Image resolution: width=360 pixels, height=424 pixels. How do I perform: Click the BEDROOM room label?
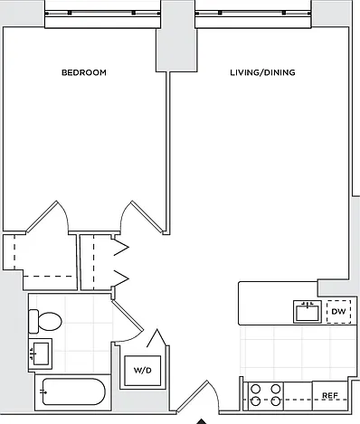point(84,72)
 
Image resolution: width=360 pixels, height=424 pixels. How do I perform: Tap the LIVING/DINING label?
point(262,72)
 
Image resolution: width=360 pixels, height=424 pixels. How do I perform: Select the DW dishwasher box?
point(339,312)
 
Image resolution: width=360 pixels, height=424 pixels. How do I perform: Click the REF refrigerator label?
point(330,395)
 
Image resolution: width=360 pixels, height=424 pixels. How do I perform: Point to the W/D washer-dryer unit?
point(143,371)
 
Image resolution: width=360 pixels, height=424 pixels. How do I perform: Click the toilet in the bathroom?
point(45,321)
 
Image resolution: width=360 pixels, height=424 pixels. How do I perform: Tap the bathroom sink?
point(41,353)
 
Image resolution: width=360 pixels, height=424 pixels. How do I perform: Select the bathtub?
point(73,391)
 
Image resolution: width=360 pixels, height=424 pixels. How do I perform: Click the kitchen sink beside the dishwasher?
point(308,312)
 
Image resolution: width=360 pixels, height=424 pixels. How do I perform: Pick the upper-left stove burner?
point(256,389)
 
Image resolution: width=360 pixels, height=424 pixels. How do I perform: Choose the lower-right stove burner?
point(276,401)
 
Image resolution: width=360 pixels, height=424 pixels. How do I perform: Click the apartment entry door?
point(193,396)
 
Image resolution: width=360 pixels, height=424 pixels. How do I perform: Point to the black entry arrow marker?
point(202,421)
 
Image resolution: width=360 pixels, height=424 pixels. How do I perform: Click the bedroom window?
point(102,14)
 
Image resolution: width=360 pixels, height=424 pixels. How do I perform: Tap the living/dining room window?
point(253,14)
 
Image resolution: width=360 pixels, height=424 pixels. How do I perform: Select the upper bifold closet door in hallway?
point(120,248)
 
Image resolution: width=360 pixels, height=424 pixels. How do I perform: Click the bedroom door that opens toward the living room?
point(144,217)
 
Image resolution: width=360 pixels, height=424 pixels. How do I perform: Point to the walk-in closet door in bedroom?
point(48,216)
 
